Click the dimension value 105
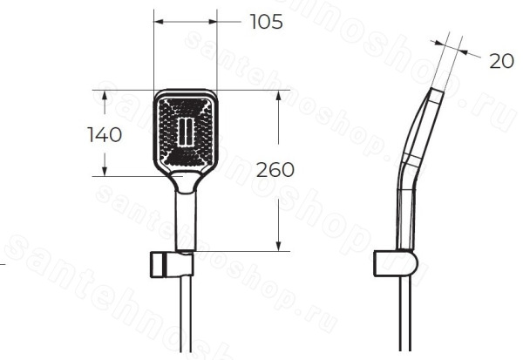[x=266, y=22]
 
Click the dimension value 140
[x=105, y=135]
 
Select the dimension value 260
[x=275, y=170]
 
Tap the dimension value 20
[x=501, y=61]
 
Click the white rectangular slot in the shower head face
[x=186, y=132]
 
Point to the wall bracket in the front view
[x=172, y=264]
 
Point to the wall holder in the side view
[x=395, y=263]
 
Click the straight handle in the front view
[x=186, y=221]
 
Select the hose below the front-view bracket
[x=186, y=315]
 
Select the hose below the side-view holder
[x=405, y=314]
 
